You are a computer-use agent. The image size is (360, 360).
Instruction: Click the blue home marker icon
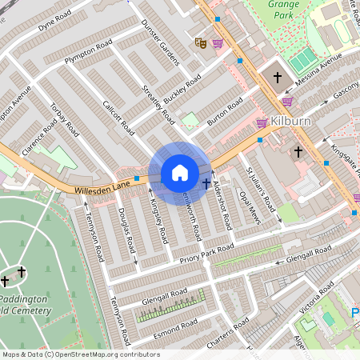[180, 173]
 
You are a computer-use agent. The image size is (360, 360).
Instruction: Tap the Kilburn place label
[290, 120]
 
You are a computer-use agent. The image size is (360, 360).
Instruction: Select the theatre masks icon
[201, 42]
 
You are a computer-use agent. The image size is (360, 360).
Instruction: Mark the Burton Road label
[225, 113]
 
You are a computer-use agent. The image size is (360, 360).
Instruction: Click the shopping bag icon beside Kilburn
[262, 122]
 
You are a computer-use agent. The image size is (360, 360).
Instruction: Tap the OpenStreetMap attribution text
[80, 354]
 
